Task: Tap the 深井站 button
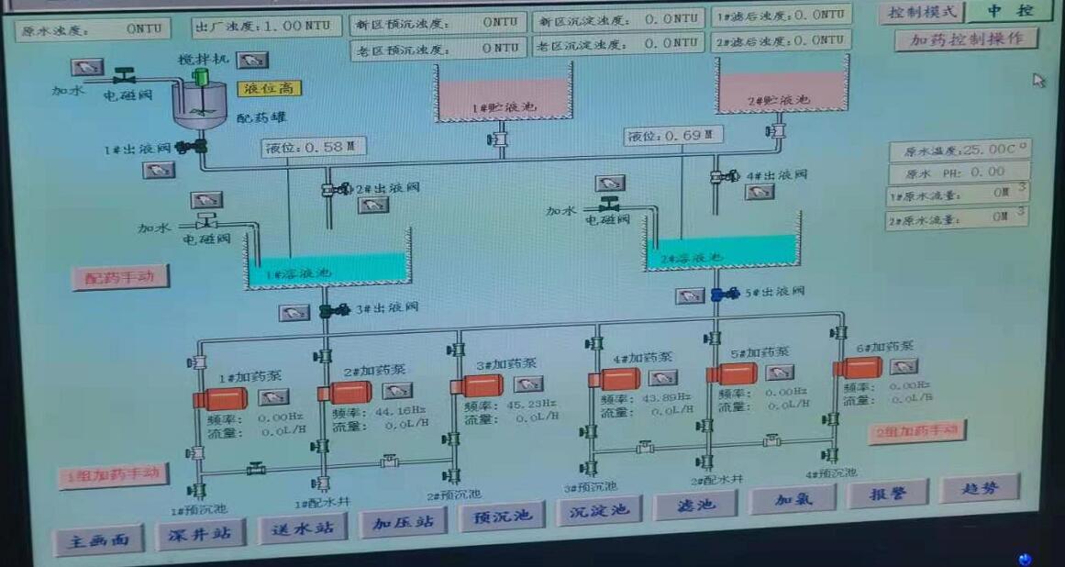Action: pyautogui.click(x=200, y=533)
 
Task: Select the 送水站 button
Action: pyautogui.click(x=302, y=528)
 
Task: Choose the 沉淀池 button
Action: pyautogui.click(x=597, y=510)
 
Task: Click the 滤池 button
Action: pyautogui.click(x=694, y=504)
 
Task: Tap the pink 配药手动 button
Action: pyautogui.click(x=120, y=277)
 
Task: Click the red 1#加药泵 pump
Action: pyautogui.click(x=221, y=399)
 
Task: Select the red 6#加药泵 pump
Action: pyautogui.click(x=859, y=367)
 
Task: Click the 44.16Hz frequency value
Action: pyautogui.click(x=400, y=410)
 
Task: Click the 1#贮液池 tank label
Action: pyautogui.click(x=501, y=108)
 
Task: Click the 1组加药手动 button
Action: pyautogui.click(x=114, y=476)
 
